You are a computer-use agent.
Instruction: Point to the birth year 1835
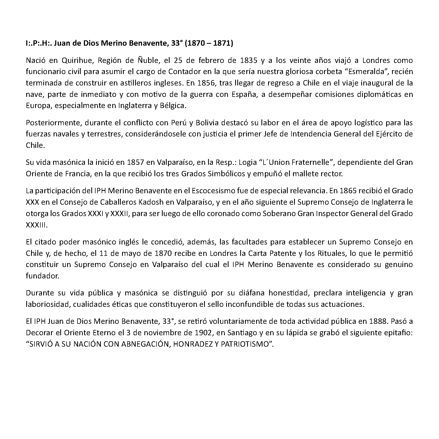pyautogui.click(x=248, y=61)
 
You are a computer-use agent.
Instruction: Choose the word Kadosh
pyautogui.click(x=151, y=202)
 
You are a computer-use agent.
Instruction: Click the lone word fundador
pyautogui.click(x=42, y=276)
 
